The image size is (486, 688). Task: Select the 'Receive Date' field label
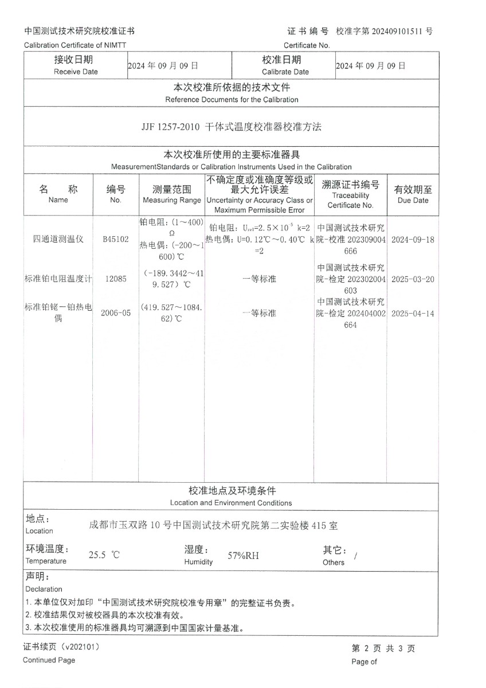coord(76,72)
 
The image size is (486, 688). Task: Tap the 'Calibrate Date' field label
coord(285,72)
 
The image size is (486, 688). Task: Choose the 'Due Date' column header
coord(413,200)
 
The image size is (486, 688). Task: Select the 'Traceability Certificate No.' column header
coord(350,200)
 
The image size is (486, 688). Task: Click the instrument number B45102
coord(116,240)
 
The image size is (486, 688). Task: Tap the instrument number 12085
coord(116,279)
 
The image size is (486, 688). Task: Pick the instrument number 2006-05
coord(116,314)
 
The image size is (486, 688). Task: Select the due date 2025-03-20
coord(413,279)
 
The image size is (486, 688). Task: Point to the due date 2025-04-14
coord(413,314)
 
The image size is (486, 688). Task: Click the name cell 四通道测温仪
coord(58,240)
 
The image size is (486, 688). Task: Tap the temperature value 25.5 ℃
coord(104,555)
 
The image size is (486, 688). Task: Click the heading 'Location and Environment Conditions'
coord(231,503)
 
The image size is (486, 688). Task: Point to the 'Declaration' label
coord(44,589)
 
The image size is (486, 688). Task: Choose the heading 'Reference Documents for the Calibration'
coord(232,99)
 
